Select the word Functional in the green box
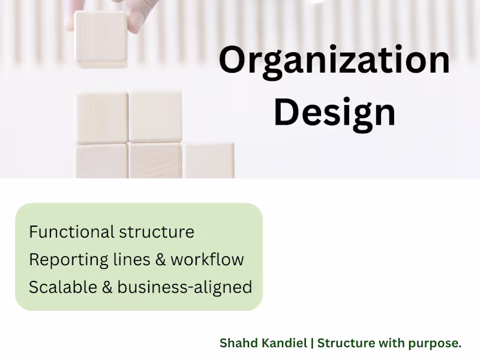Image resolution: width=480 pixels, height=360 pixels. point(71,232)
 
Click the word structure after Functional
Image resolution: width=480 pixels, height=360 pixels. point(157,232)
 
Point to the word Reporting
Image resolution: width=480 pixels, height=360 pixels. point(68,260)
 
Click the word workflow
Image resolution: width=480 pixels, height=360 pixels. point(207,259)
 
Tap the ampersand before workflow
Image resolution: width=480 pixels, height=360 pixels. point(160,260)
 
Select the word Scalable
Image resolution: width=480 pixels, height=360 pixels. point(63,287)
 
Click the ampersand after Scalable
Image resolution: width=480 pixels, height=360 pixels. point(107,287)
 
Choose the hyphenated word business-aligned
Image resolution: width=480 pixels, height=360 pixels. point(185,288)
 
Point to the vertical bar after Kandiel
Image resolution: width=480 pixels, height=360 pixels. point(312,343)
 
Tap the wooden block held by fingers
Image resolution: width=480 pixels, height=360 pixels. point(101,39)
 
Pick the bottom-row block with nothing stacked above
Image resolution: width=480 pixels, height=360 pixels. point(208,160)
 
